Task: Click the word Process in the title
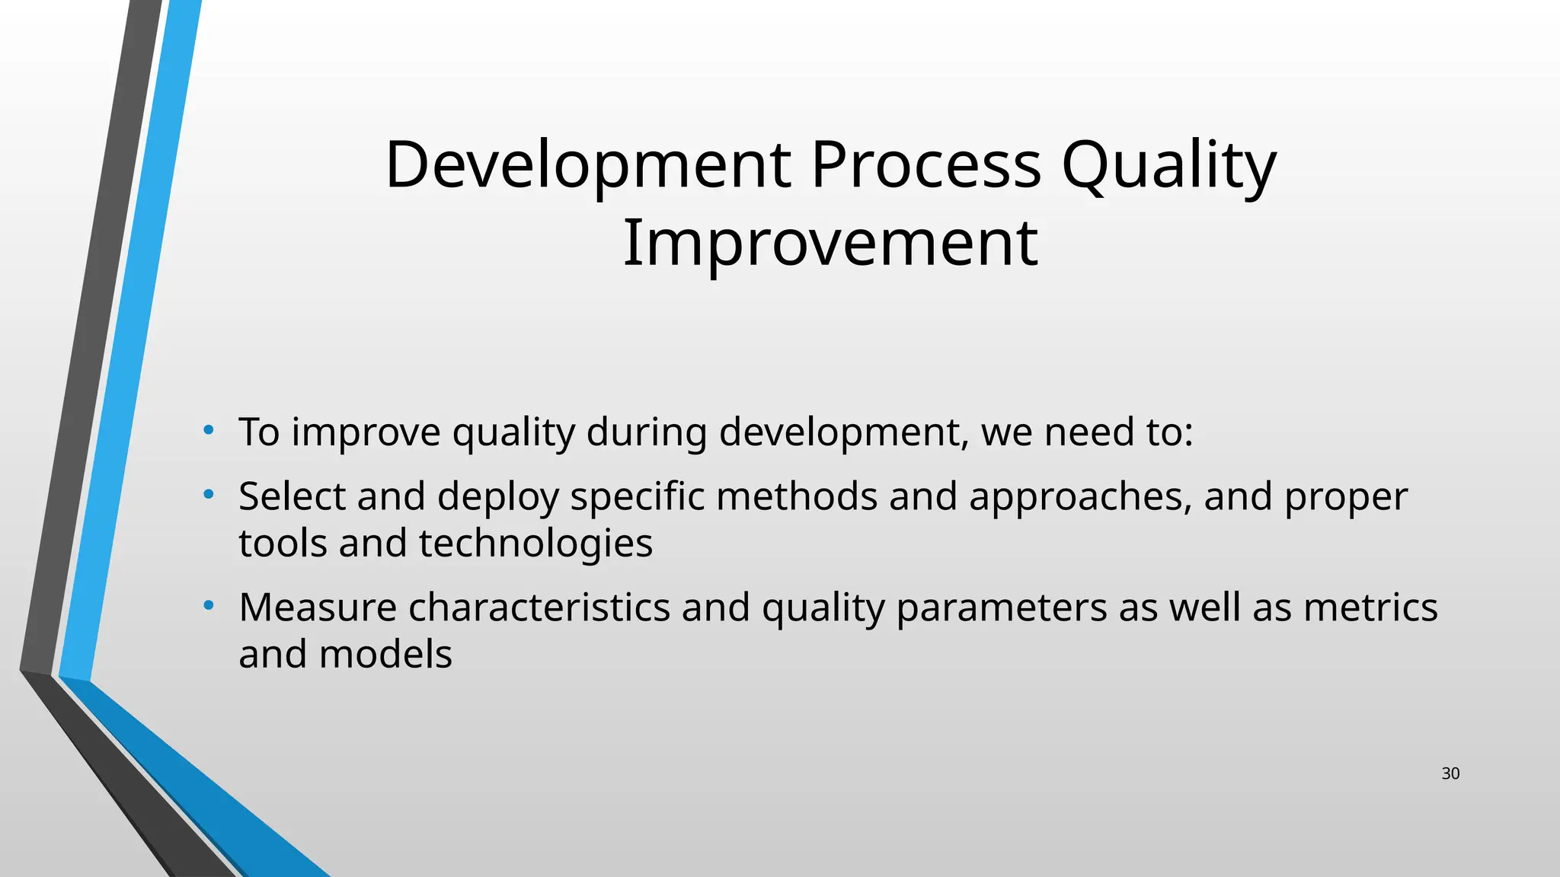coord(925,165)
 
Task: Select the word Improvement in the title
coord(830,244)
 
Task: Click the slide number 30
coord(1450,774)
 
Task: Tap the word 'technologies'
coord(535,544)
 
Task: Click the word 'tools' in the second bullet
coord(283,544)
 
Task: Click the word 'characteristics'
coord(539,608)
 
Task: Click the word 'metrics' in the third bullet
coord(1370,608)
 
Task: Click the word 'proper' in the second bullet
coord(1346,497)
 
